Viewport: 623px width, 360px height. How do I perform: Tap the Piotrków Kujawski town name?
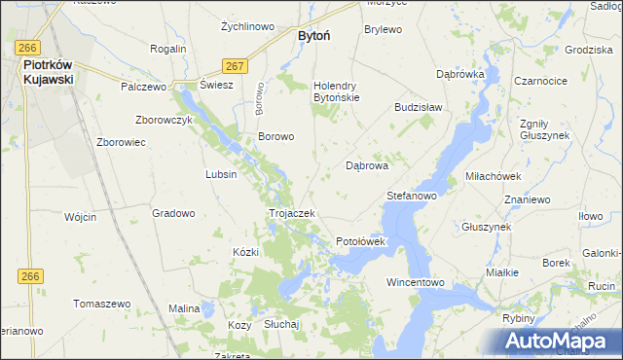point(49,72)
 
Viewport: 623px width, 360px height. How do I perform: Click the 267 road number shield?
point(234,65)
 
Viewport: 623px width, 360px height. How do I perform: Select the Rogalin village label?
point(168,48)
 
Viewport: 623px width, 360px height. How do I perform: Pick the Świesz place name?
point(216,85)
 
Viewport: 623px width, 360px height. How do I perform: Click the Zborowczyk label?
point(166,120)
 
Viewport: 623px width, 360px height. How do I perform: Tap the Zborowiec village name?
point(121,142)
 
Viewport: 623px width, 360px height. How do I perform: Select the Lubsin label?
point(221,174)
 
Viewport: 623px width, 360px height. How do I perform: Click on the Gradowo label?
point(174,212)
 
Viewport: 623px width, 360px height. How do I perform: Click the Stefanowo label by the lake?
point(411,196)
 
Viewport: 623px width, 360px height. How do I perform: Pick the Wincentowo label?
point(416,282)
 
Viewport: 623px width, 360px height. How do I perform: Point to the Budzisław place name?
point(418,107)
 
